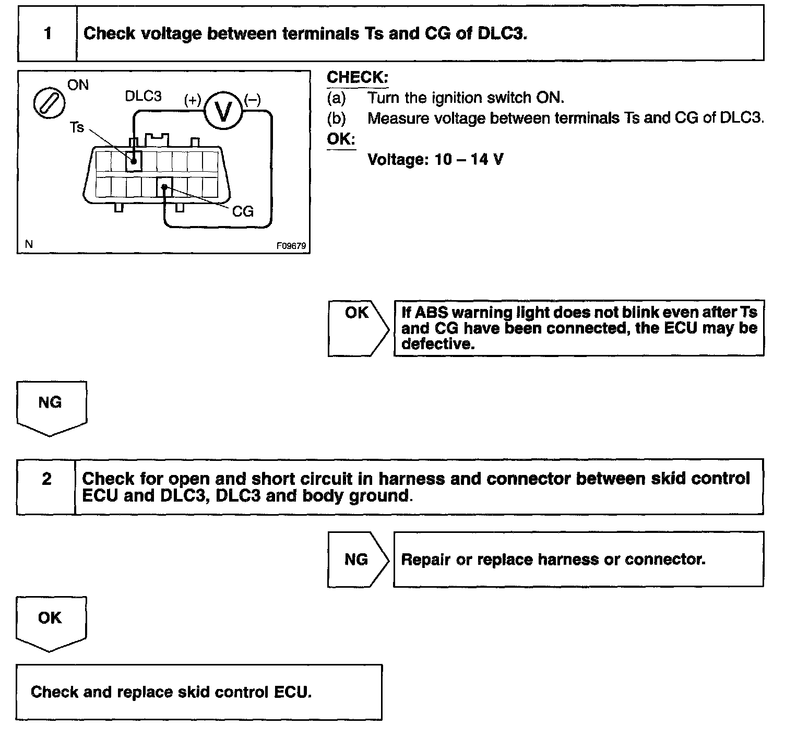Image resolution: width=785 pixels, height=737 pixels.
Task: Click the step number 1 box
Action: [x=47, y=34]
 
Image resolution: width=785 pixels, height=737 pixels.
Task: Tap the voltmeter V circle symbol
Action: [x=223, y=111]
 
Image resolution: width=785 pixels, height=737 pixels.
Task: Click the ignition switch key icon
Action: [x=49, y=101]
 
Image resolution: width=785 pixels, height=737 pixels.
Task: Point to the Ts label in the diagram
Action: [x=77, y=127]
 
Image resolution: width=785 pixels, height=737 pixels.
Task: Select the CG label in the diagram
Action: [x=242, y=211]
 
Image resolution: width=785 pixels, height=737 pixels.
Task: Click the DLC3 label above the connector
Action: [x=143, y=96]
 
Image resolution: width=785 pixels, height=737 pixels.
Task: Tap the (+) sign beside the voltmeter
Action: [x=193, y=100]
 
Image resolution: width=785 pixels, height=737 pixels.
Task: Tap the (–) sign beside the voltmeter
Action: [x=253, y=100]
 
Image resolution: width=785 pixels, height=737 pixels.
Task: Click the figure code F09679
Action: [x=291, y=245]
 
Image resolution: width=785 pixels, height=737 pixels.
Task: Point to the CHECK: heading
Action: [x=358, y=78]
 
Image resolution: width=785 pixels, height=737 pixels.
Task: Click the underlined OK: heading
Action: [x=341, y=139]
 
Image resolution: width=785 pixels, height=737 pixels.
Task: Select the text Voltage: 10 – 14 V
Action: [x=435, y=159]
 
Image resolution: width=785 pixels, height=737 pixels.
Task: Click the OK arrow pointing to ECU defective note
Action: [x=358, y=328]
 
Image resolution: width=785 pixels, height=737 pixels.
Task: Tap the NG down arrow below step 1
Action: [x=51, y=407]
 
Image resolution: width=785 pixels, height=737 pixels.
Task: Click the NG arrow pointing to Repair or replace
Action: [x=358, y=560]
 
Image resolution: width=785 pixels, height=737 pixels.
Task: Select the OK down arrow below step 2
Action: [x=51, y=623]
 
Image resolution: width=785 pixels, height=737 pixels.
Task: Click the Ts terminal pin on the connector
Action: [x=134, y=162]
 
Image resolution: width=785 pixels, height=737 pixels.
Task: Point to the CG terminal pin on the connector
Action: [x=164, y=187]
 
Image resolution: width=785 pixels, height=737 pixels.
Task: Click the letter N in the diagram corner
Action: [x=29, y=244]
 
